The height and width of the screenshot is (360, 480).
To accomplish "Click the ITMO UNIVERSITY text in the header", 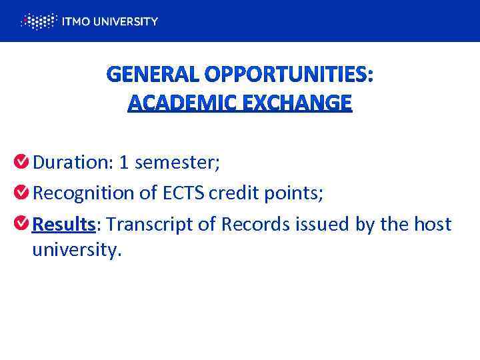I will pos(109,21).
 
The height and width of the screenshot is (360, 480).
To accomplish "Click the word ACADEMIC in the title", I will pos(174,103).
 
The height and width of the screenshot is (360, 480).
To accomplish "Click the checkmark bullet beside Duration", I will pos(21,161).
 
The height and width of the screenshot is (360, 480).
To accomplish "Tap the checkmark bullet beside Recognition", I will pos(21,193).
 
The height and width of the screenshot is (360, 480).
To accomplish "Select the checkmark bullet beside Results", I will pos(21,223).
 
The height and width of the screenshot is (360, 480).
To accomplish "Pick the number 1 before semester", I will pos(124,162).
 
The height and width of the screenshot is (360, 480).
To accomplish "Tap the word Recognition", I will pos(83,193).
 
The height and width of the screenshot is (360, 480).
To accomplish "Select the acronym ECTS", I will pos(183,193).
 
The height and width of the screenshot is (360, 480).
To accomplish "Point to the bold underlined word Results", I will pos(63,224).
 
